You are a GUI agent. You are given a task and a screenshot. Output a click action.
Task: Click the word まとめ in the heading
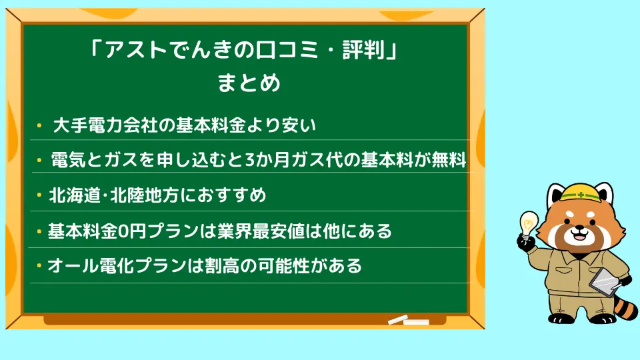click(x=249, y=83)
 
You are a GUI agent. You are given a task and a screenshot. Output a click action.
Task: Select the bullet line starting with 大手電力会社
click(x=185, y=125)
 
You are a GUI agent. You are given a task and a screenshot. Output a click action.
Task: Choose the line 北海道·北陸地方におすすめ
click(x=157, y=195)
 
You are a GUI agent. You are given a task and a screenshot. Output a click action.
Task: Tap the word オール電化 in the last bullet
click(x=91, y=266)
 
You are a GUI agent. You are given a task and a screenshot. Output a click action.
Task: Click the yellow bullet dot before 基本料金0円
click(x=39, y=232)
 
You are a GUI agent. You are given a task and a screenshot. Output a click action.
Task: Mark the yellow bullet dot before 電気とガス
click(x=39, y=161)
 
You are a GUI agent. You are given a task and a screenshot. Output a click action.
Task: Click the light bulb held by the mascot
click(x=528, y=224)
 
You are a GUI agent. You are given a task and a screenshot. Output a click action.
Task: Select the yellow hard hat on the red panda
click(x=580, y=192)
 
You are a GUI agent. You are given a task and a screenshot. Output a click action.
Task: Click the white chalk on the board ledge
click(x=408, y=321)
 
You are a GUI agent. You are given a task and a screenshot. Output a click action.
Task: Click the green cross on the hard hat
click(x=581, y=195)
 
